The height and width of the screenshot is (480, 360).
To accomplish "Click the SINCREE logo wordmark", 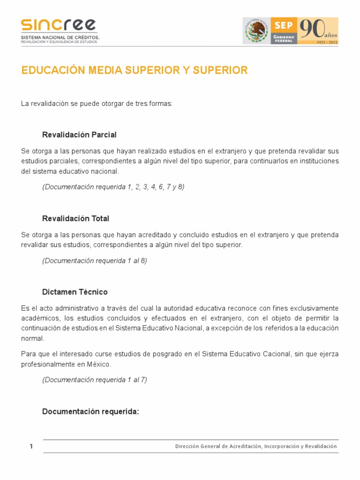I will coord(59,25).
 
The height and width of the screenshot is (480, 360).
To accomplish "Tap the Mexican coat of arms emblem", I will coord(256,31).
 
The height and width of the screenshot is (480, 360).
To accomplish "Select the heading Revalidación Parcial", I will coord(79,135).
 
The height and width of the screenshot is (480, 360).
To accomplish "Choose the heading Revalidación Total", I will coord(75,218).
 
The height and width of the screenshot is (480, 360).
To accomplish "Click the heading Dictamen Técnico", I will coord(75,292).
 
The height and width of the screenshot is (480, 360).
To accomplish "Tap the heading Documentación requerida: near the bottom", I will coord(90,412).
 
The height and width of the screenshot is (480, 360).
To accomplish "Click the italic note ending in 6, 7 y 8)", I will coord(113,187).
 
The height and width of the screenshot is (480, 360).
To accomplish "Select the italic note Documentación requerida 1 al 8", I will coord(94,261).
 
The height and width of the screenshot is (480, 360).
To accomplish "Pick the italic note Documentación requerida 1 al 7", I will coord(94,380).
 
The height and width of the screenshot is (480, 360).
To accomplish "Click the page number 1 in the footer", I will coord(31,447).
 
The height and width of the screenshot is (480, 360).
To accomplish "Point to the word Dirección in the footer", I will coord(186,447).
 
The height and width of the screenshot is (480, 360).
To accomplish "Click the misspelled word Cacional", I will coord(274,354).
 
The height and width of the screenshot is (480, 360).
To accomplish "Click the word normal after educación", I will coord(31,338).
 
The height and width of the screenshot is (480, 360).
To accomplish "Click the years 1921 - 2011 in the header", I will coord(327,42).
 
